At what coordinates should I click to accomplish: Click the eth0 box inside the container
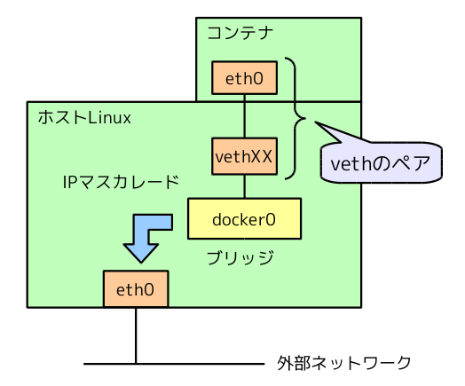(x=244, y=78)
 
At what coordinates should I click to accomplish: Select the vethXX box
(x=244, y=156)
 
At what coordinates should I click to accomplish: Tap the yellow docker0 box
(x=244, y=218)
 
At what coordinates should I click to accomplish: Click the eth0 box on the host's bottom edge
(x=136, y=289)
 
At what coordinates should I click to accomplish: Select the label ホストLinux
(x=83, y=117)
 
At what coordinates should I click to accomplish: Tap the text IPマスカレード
(x=120, y=183)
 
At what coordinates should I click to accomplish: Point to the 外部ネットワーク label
(x=344, y=363)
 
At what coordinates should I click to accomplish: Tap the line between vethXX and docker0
(x=244, y=185)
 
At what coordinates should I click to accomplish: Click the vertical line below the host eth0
(x=136, y=335)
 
